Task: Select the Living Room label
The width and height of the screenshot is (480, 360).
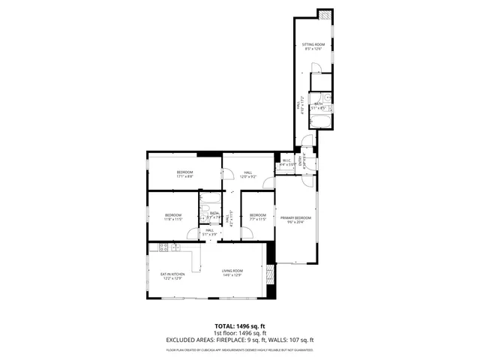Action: click(x=232, y=273)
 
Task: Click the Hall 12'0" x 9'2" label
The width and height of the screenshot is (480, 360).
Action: click(x=247, y=175)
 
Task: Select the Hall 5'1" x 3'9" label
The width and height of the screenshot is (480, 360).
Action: click(x=209, y=232)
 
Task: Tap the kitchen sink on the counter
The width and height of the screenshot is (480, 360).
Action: click(x=160, y=247)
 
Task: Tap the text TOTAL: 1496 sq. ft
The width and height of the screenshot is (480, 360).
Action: click(x=240, y=326)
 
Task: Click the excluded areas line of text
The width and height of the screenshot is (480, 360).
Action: click(x=240, y=340)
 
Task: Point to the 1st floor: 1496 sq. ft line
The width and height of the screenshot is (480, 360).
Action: click(x=240, y=333)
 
